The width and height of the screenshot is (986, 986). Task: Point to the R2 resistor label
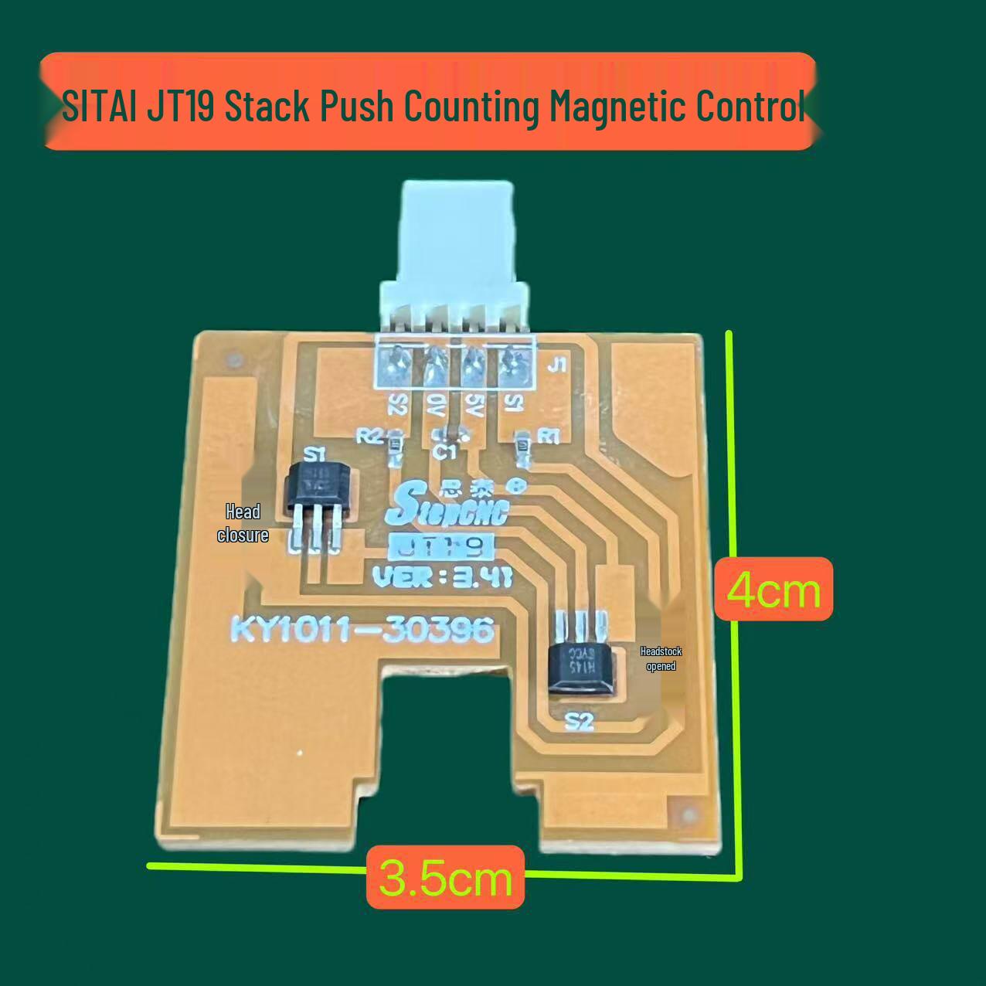[x=369, y=437]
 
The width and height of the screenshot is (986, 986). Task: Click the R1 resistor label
[x=548, y=437]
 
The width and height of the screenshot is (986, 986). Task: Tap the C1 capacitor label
[x=445, y=452]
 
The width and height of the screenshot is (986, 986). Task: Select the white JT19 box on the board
[x=440, y=548]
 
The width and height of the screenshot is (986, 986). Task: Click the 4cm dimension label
[x=773, y=590]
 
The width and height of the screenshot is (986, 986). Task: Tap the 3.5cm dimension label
[x=446, y=877]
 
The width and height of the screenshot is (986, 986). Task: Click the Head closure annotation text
[x=243, y=523]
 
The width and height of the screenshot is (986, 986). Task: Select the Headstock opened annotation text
[x=661, y=658]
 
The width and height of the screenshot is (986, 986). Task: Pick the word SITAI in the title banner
[x=99, y=107]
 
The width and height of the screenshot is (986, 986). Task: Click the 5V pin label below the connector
[x=473, y=403]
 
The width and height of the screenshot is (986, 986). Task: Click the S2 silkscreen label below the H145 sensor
[x=579, y=722]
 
